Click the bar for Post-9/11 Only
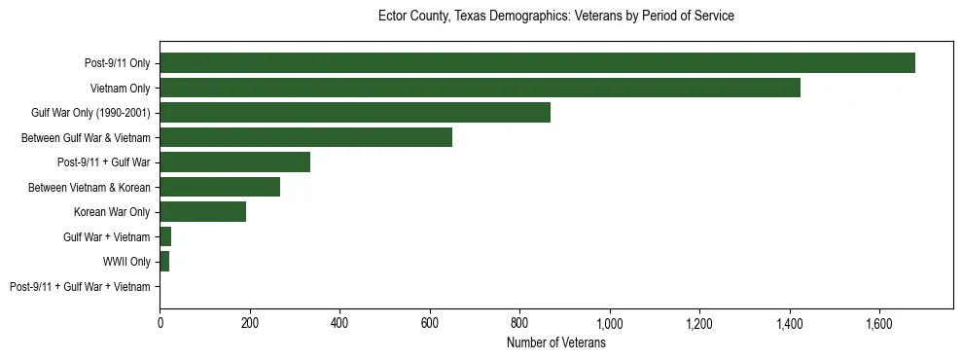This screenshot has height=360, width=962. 537,63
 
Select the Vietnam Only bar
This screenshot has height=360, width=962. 480,88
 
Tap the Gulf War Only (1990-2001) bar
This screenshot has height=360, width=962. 355,113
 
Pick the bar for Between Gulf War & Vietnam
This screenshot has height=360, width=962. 305,137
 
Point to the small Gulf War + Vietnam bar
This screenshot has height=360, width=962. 165,236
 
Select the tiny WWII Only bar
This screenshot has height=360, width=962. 164,262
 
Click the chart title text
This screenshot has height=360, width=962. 555,17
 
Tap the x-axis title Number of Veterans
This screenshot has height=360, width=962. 555,343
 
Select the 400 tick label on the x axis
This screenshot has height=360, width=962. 339,322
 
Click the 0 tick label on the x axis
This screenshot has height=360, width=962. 160,322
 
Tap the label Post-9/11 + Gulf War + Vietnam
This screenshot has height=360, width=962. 80,287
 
